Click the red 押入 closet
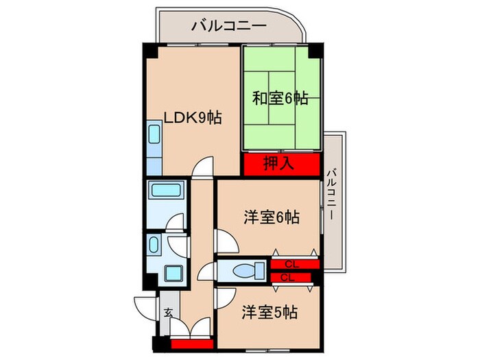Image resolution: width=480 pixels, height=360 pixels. pos(281,165)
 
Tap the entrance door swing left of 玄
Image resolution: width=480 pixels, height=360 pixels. pos(147,304)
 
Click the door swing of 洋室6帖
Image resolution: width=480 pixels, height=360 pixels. pos(224,240)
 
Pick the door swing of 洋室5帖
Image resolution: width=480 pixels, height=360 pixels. pos(223,298)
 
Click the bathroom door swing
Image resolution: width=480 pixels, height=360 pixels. pos(175,223)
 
